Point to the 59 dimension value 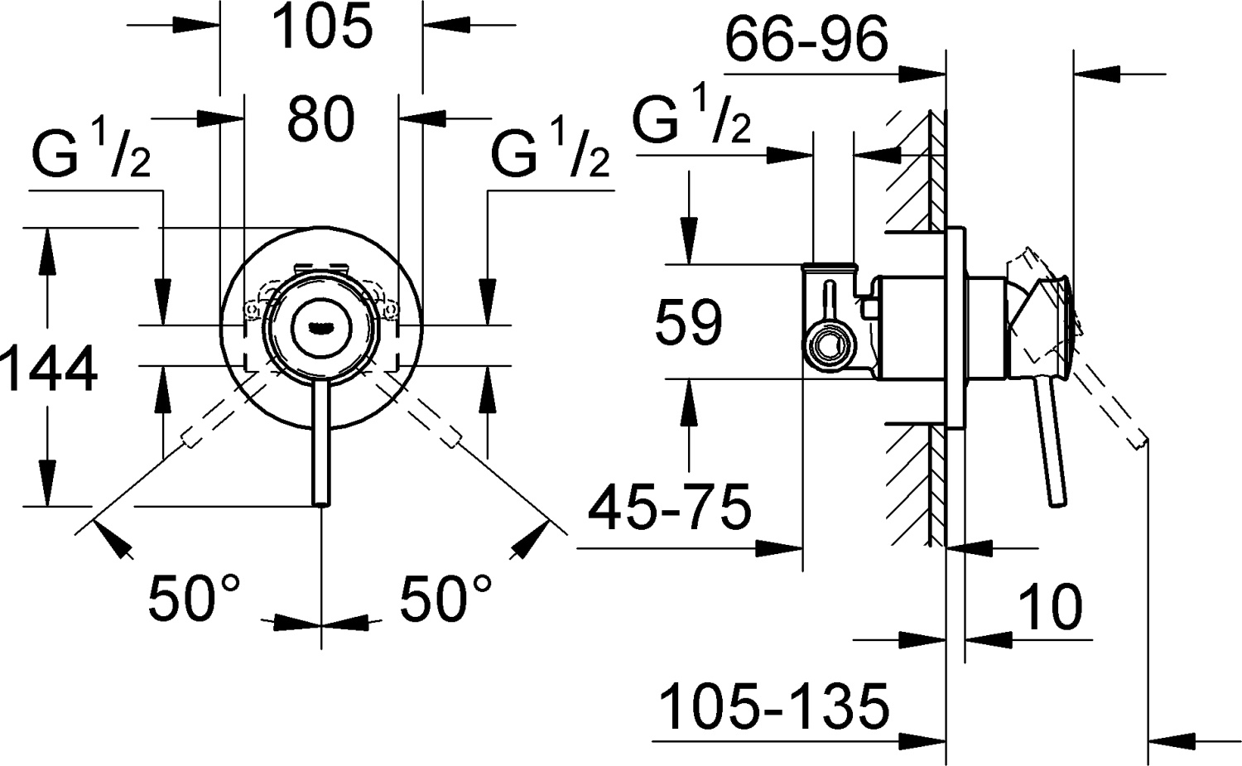coord(688,323)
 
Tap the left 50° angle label coord(194,598)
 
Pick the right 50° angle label coord(446,598)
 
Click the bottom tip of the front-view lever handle coord(321,501)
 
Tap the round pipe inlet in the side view coord(825,348)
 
